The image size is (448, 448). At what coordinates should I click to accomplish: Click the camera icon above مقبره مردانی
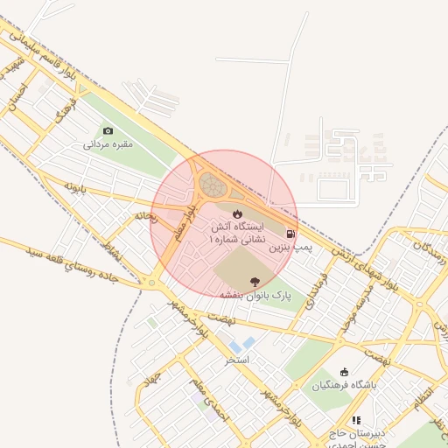pyautogui.click(x=108, y=130)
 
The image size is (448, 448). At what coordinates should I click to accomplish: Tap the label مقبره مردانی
pyautogui.click(x=107, y=144)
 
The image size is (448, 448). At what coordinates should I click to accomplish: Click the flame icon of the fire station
pyautogui.click(x=236, y=213)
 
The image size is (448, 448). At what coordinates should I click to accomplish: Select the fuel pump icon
pyautogui.click(x=290, y=234)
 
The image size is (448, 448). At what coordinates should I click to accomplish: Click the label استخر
pyautogui.click(x=237, y=360)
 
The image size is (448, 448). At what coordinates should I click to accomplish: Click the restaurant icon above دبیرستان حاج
pyautogui.click(x=356, y=420)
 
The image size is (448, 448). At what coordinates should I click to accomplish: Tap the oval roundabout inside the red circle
pyautogui.click(x=212, y=185)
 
